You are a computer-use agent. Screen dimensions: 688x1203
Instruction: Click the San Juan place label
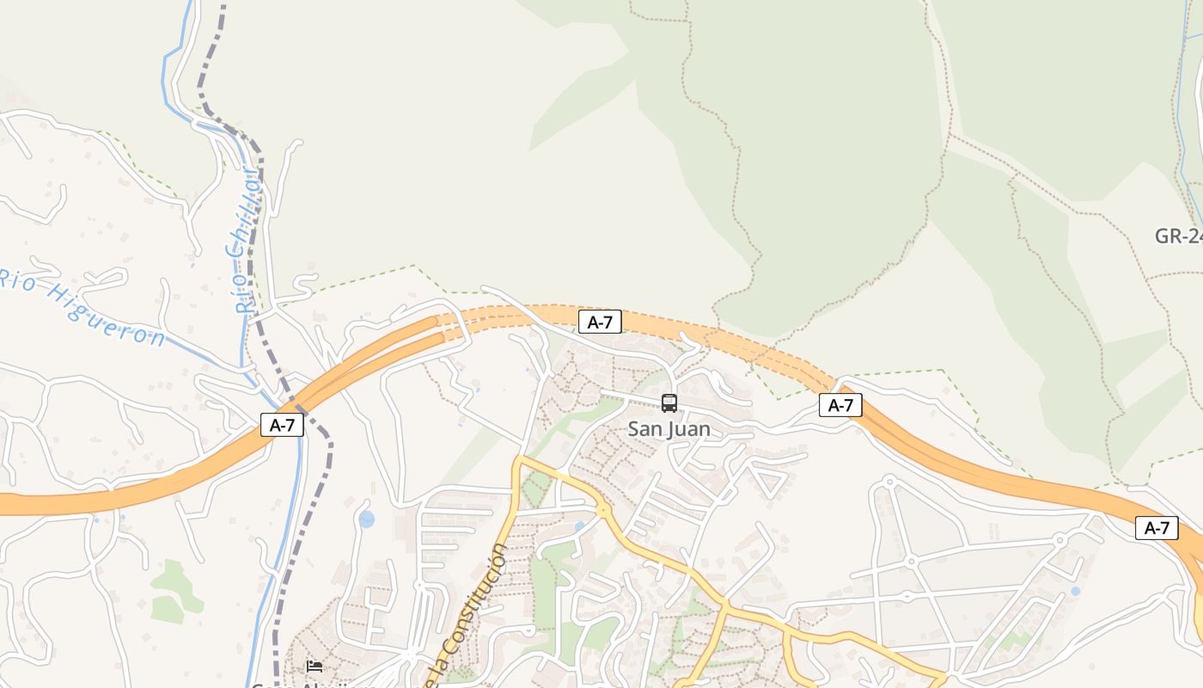pos(669,428)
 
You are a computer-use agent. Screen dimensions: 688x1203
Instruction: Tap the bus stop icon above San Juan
pos(669,402)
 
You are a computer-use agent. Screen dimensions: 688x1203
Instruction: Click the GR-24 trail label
pos(1178,236)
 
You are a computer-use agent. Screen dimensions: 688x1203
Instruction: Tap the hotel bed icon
pos(314,666)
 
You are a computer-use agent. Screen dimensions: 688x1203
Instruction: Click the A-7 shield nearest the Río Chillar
pos(282,424)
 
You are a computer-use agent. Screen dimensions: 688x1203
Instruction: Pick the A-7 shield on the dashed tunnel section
pos(599,322)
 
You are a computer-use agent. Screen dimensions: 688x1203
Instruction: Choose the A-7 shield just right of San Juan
pos(840,404)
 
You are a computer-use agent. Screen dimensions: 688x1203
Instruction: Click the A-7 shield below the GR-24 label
pos(1156,527)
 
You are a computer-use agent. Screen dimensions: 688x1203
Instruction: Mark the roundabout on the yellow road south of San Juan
pos(603,510)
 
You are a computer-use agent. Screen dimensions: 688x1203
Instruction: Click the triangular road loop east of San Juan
pos(766,479)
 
